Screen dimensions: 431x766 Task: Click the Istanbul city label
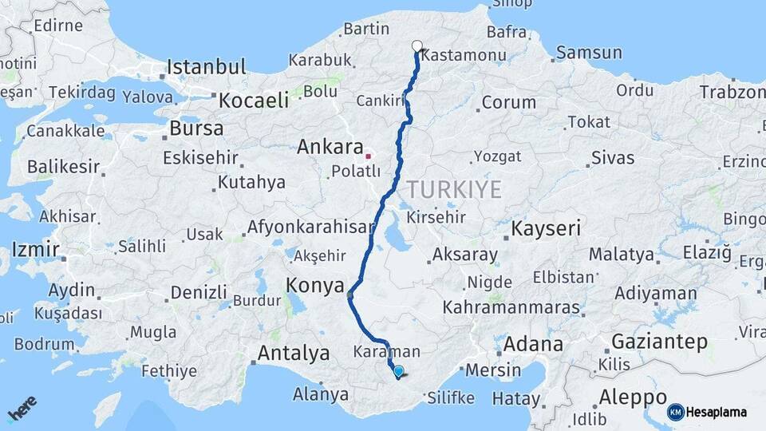(206, 66)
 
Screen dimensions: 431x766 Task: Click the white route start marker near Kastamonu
(417, 45)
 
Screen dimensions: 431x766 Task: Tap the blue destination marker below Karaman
(398, 370)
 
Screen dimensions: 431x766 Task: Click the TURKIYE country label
(455, 190)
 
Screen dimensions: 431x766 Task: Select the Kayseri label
(547, 229)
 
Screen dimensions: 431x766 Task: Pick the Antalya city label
(294, 352)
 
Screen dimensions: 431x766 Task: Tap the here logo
(22, 409)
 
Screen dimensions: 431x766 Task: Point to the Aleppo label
(634, 397)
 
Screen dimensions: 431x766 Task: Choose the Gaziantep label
(659, 342)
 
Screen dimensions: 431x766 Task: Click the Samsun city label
(589, 53)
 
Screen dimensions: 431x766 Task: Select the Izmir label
(36, 251)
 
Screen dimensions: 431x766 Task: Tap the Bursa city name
(191, 128)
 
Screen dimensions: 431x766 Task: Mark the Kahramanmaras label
(500, 306)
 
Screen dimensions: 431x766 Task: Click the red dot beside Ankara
(368, 155)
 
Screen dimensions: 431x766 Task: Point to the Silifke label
(452, 397)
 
